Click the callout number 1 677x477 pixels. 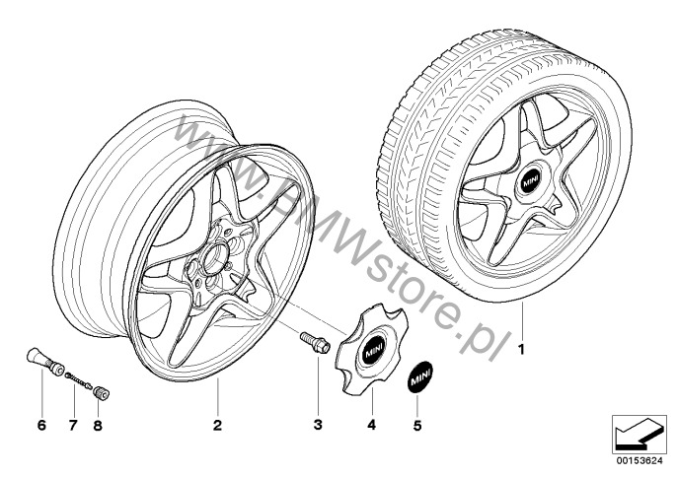(x=521, y=349)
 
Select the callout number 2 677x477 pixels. (x=217, y=425)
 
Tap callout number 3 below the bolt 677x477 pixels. (x=318, y=425)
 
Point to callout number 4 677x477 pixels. (x=372, y=425)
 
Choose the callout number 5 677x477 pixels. (x=417, y=426)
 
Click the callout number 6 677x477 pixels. (x=41, y=426)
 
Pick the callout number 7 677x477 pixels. (x=73, y=426)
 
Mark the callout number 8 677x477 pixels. (x=98, y=426)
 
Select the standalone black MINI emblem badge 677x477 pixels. (x=420, y=376)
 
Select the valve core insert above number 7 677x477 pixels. (x=79, y=380)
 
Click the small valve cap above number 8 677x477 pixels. (x=101, y=394)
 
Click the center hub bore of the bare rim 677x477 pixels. (x=213, y=259)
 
